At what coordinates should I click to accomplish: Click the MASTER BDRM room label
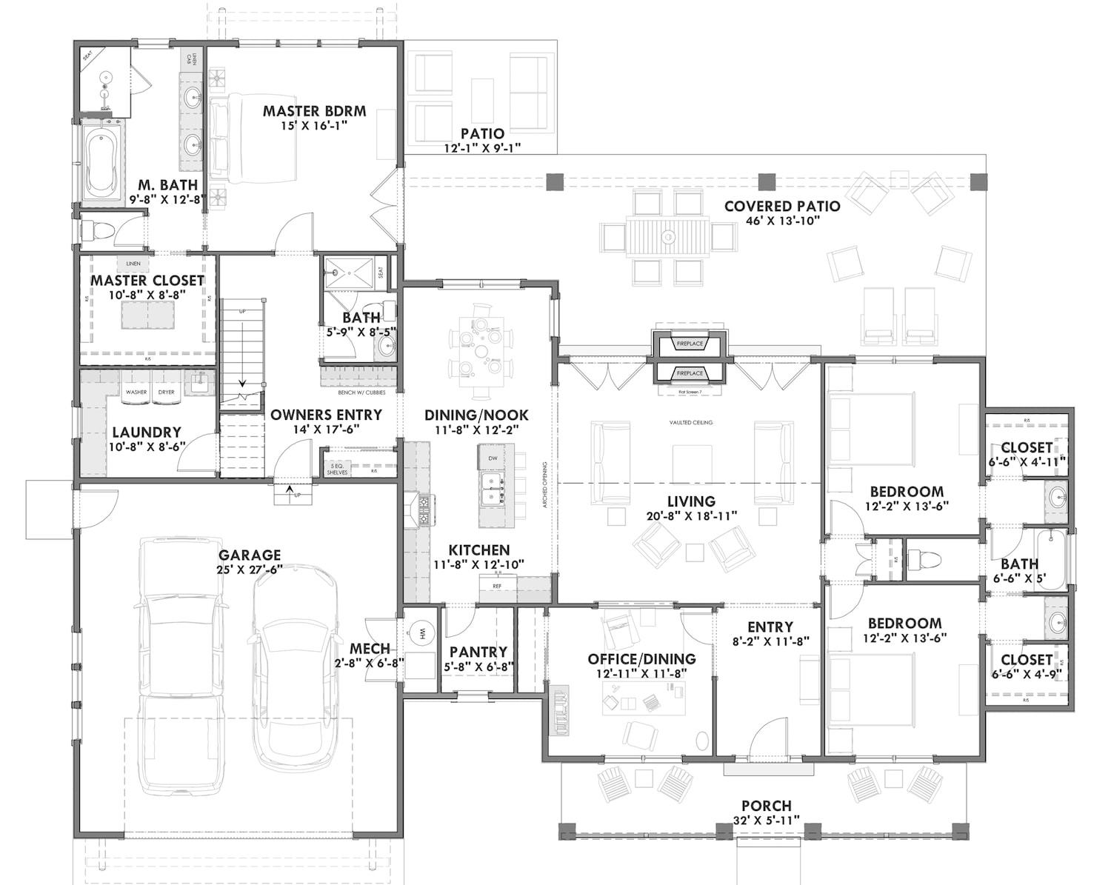tap(314, 111)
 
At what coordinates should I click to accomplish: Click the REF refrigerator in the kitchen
tap(497, 586)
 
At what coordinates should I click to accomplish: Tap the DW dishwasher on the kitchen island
tap(493, 458)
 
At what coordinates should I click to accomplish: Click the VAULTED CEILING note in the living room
tap(690, 422)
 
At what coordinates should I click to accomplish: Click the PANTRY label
tap(478, 652)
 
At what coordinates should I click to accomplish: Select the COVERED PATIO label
tap(782, 207)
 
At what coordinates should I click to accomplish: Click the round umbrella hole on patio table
tap(668, 237)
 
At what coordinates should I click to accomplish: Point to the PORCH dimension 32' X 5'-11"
tap(767, 820)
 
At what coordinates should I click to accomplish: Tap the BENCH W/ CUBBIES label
tap(361, 393)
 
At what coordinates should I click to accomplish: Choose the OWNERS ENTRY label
tap(326, 415)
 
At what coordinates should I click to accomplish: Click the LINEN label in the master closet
tap(133, 264)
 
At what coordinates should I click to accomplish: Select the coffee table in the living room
tap(692, 464)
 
